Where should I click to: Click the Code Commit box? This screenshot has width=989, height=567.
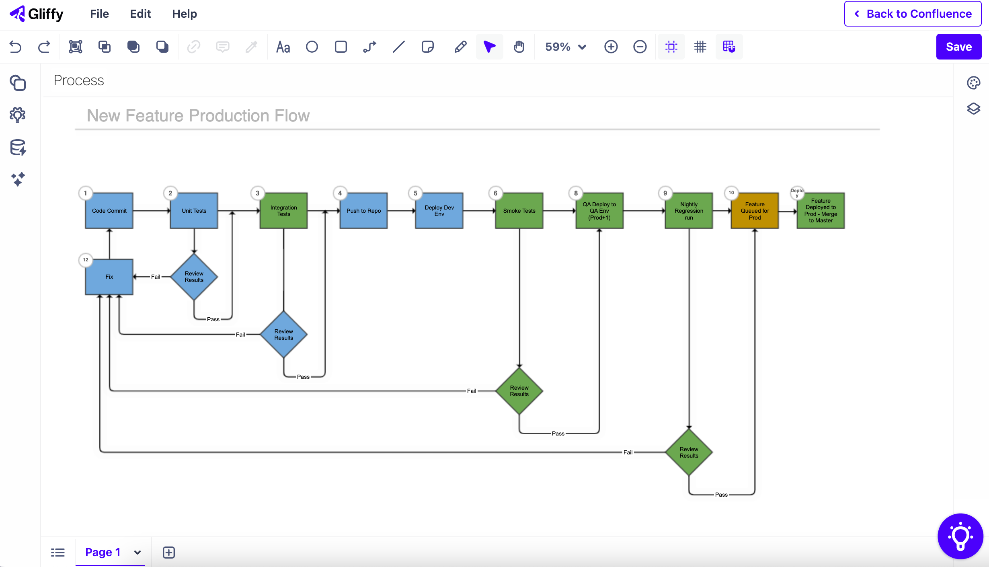(x=109, y=211)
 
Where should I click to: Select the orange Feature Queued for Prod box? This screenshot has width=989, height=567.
(x=755, y=211)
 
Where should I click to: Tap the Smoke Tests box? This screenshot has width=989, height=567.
(x=519, y=211)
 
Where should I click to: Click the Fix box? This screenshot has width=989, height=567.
(x=109, y=277)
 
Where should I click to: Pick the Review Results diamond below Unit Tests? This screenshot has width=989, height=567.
(x=194, y=277)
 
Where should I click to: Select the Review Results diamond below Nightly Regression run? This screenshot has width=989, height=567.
(x=689, y=452)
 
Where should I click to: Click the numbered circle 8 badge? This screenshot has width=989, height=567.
(x=576, y=193)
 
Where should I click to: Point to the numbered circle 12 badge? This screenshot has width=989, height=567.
(x=86, y=260)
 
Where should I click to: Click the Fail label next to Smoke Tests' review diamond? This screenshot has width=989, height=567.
(x=471, y=391)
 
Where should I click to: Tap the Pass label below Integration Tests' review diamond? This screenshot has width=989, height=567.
(x=303, y=377)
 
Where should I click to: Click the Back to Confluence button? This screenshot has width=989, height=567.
(x=913, y=14)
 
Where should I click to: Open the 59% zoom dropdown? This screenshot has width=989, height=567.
(x=565, y=47)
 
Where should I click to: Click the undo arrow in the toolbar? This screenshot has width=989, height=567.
(x=15, y=47)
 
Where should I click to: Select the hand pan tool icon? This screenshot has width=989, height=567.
(x=519, y=47)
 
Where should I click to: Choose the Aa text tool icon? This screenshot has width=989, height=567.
(x=283, y=47)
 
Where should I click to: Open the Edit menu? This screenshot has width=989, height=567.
(x=140, y=14)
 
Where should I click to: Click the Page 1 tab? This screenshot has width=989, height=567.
(x=103, y=552)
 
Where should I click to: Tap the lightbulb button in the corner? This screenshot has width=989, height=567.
(x=960, y=536)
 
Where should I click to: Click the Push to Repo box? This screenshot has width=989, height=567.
(x=363, y=211)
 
